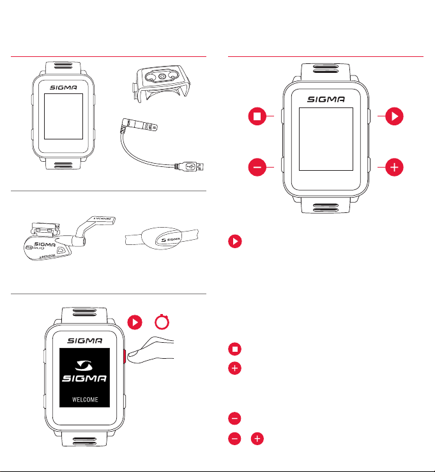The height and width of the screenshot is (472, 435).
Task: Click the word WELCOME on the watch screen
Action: [x=84, y=402]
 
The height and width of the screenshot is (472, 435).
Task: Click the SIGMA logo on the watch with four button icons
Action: [x=326, y=100]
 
